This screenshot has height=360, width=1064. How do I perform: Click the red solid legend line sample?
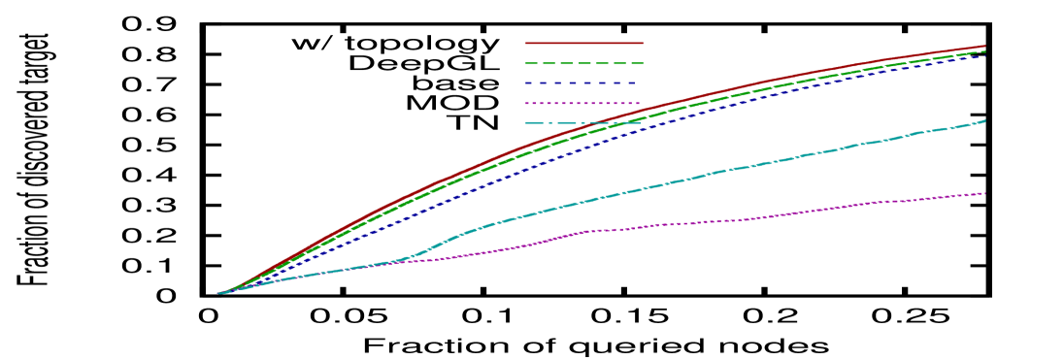pyautogui.click(x=583, y=43)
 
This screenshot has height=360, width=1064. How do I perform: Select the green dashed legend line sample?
pyautogui.click(x=583, y=63)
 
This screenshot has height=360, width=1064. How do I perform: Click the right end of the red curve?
pyautogui.click(x=985, y=46)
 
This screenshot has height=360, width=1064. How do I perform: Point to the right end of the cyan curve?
pyautogui.click(x=985, y=121)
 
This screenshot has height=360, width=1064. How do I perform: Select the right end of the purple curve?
pyautogui.click(x=985, y=194)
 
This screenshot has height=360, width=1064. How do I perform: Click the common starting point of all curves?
pyautogui.click(x=220, y=292)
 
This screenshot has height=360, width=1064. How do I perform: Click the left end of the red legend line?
pyautogui.click(x=526, y=43)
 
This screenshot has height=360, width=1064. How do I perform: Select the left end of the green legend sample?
pyautogui.click(x=526, y=63)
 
